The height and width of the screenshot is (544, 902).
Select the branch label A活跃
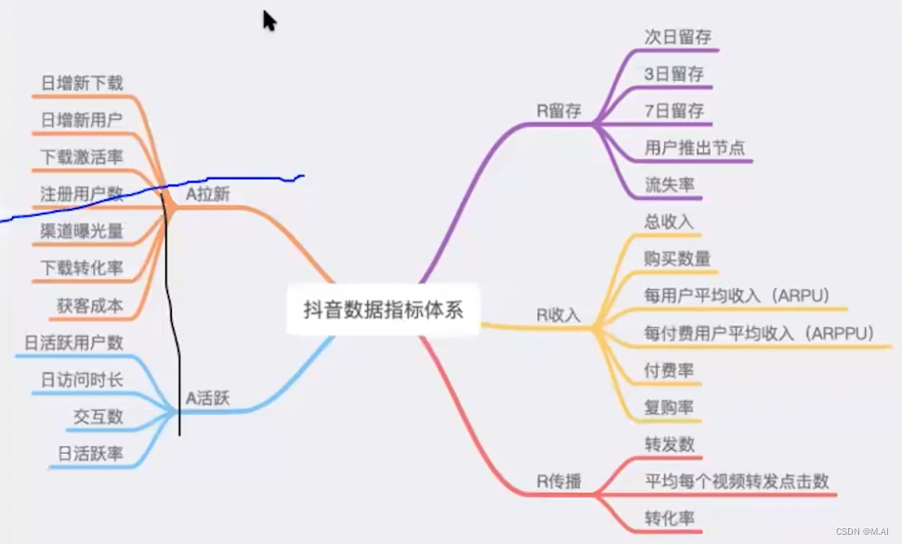207,399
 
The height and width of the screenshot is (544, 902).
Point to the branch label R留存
558,111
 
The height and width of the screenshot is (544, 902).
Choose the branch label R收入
557,314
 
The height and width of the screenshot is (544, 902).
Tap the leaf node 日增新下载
82,83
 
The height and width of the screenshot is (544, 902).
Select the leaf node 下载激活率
82,157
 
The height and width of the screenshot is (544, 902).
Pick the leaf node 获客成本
89,305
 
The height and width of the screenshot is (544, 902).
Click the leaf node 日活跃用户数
73,342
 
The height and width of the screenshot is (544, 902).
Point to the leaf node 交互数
98,417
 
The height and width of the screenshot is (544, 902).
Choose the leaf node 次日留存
673,36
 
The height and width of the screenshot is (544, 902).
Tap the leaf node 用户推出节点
694,148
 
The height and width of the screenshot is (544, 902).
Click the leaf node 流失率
669,185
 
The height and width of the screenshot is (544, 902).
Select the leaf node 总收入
669,222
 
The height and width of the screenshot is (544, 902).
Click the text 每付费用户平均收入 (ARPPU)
759,333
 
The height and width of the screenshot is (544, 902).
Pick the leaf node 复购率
669,407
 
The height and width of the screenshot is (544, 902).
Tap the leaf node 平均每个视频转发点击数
736,482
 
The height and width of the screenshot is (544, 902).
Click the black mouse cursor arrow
269,20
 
